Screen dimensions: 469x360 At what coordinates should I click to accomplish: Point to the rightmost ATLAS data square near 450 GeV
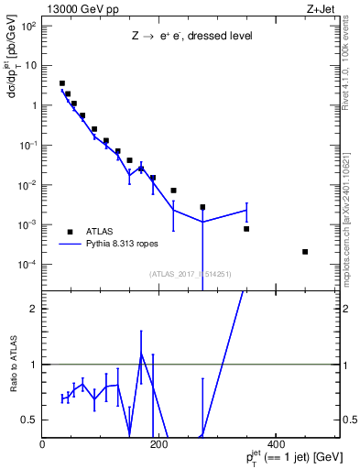(x=305, y=251)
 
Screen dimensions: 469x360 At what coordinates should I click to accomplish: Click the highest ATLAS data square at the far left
(x=61, y=83)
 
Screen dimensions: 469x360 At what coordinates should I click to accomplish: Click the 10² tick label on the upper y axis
(x=28, y=26)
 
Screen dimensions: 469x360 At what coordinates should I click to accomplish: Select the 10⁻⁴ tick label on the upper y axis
(x=27, y=265)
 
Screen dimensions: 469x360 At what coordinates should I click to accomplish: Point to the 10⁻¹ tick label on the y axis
(x=27, y=146)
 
